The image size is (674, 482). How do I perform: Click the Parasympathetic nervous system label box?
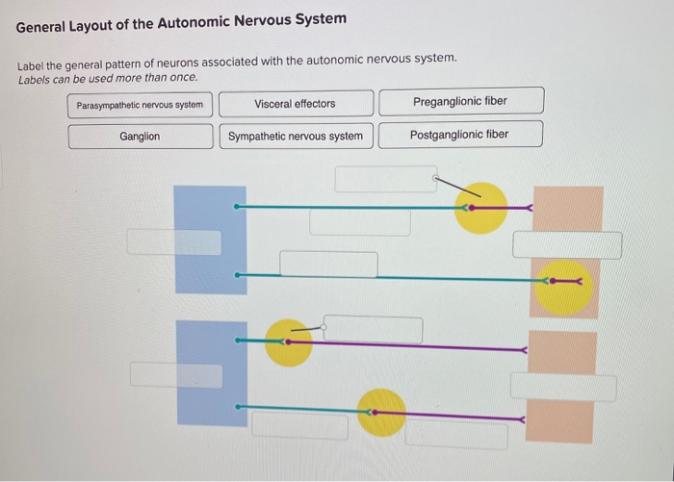140,104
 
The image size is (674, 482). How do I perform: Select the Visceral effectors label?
296,103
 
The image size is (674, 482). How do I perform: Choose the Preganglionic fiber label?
460,101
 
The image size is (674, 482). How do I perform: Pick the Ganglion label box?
140,137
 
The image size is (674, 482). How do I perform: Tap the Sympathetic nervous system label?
296,136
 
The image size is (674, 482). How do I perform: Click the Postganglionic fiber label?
459,135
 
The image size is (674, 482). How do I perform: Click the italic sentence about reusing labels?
108,77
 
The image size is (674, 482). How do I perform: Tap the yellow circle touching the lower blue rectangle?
288,342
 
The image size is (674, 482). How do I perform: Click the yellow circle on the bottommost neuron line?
381,412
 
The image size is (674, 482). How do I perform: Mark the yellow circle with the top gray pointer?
480,208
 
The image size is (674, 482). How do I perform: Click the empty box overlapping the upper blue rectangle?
173,242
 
